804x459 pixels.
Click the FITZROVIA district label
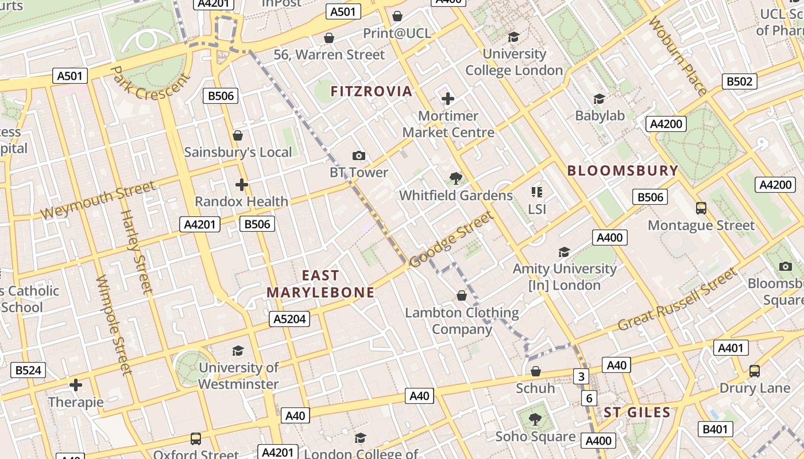[x=372, y=91]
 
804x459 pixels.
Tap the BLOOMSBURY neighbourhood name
[x=623, y=170]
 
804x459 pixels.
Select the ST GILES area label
[x=637, y=412]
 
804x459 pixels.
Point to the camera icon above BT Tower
[x=359, y=155]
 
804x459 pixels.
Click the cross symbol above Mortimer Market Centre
[x=448, y=99]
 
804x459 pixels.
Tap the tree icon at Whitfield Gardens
[x=456, y=178]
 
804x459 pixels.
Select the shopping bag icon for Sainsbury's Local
[x=238, y=135]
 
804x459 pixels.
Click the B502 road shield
[x=739, y=81]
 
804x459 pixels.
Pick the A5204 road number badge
[x=289, y=320]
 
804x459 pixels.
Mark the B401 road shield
[x=716, y=429]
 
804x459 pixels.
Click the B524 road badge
[x=28, y=370]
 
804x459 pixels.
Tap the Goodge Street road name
[x=451, y=239]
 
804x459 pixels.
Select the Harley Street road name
[x=136, y=251]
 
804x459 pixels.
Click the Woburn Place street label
[x=678, y=56]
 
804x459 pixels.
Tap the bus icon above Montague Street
[x=701, y=208]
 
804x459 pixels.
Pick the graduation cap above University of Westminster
[x=238, y=351]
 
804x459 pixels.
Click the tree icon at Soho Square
[x=535, y=419]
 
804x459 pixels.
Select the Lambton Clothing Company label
[x=462, y=321]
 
